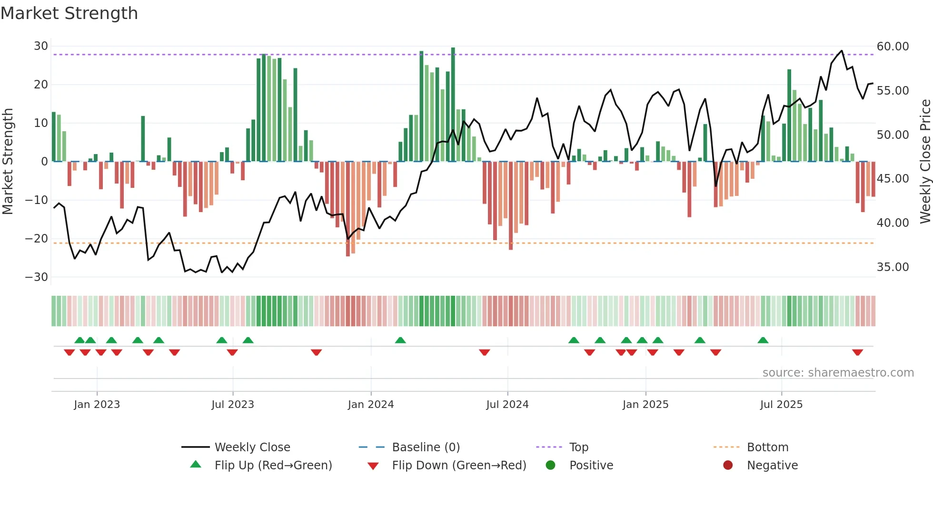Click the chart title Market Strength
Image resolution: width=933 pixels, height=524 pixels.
click(69, 13)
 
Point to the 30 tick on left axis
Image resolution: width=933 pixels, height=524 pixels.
click(41, 46)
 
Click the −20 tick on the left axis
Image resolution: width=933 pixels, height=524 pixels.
click(37, 239)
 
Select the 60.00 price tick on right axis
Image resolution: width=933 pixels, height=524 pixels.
click(893, 47)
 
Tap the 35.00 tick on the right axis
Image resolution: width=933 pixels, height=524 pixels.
click(893, 267)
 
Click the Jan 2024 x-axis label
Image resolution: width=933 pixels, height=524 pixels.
click(371, 405)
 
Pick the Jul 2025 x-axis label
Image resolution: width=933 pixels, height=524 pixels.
click(781, 405)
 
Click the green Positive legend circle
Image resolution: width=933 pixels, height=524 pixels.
click(551, 466)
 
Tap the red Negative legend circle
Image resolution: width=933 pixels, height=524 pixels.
click(728, 466)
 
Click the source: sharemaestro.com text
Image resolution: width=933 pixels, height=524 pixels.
click(838, 373)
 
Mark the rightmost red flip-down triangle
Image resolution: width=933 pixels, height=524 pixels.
click(858, 352)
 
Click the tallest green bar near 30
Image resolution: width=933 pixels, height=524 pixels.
click(453, 105)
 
